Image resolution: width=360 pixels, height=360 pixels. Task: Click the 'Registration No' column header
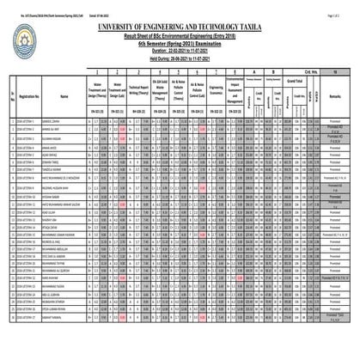pyautogui.click(x=33, y=100)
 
